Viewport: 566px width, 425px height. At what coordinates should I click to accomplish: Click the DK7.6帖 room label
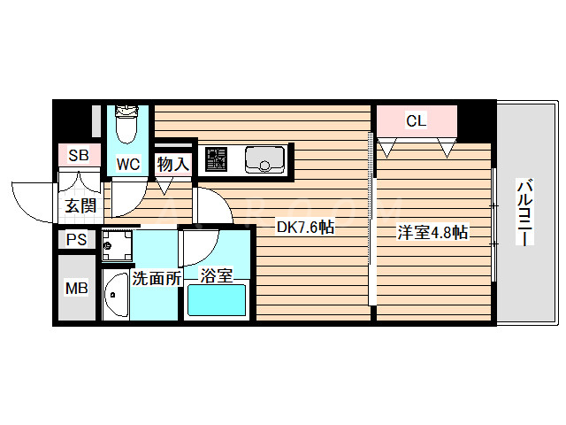(x=305, y=228)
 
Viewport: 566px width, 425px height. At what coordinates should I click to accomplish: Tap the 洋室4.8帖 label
(x=432, y=233)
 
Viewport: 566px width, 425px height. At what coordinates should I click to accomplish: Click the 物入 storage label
(x=173, y=163)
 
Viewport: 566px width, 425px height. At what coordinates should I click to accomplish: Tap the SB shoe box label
(x=79, y=155)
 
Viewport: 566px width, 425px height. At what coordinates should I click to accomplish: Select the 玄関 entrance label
(x=79, y=206)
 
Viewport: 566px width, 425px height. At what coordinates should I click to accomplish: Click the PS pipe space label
(x=77, y=239)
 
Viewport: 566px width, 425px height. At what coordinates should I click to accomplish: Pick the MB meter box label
(x=77, y=289)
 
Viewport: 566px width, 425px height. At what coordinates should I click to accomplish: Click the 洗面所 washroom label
(x=157, y=278)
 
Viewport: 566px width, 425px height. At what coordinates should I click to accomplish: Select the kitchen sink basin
(x=264, y=159)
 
